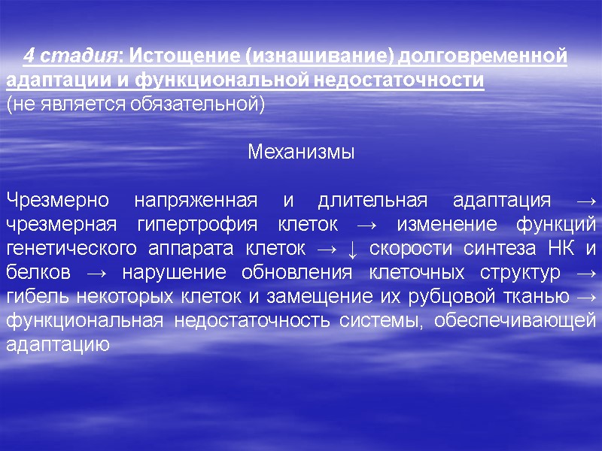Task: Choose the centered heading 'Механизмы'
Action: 301,152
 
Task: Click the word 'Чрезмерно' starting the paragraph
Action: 58,201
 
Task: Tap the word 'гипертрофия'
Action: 198,225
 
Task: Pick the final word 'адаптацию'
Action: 58,345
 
